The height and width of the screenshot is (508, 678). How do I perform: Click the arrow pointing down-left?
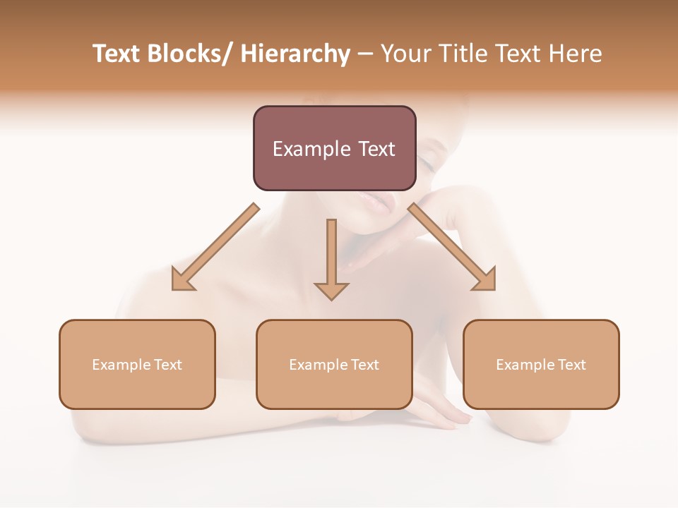click(x=215, y=247)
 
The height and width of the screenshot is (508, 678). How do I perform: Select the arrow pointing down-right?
click(x=452, y=247)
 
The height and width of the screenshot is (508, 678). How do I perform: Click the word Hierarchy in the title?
click(x=295, y=54)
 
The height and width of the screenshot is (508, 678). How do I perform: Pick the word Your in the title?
click(x=407, y=54)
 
